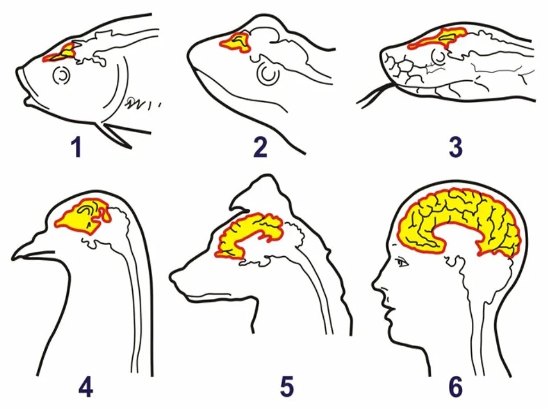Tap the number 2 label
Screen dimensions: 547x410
[x=260, y=147]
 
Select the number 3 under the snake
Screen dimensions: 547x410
[x=454, y=147]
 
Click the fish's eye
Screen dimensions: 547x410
[x=61, y=75]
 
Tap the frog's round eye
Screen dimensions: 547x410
[x=266, y=73]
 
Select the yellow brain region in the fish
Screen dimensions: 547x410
[x=64, y=52]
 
